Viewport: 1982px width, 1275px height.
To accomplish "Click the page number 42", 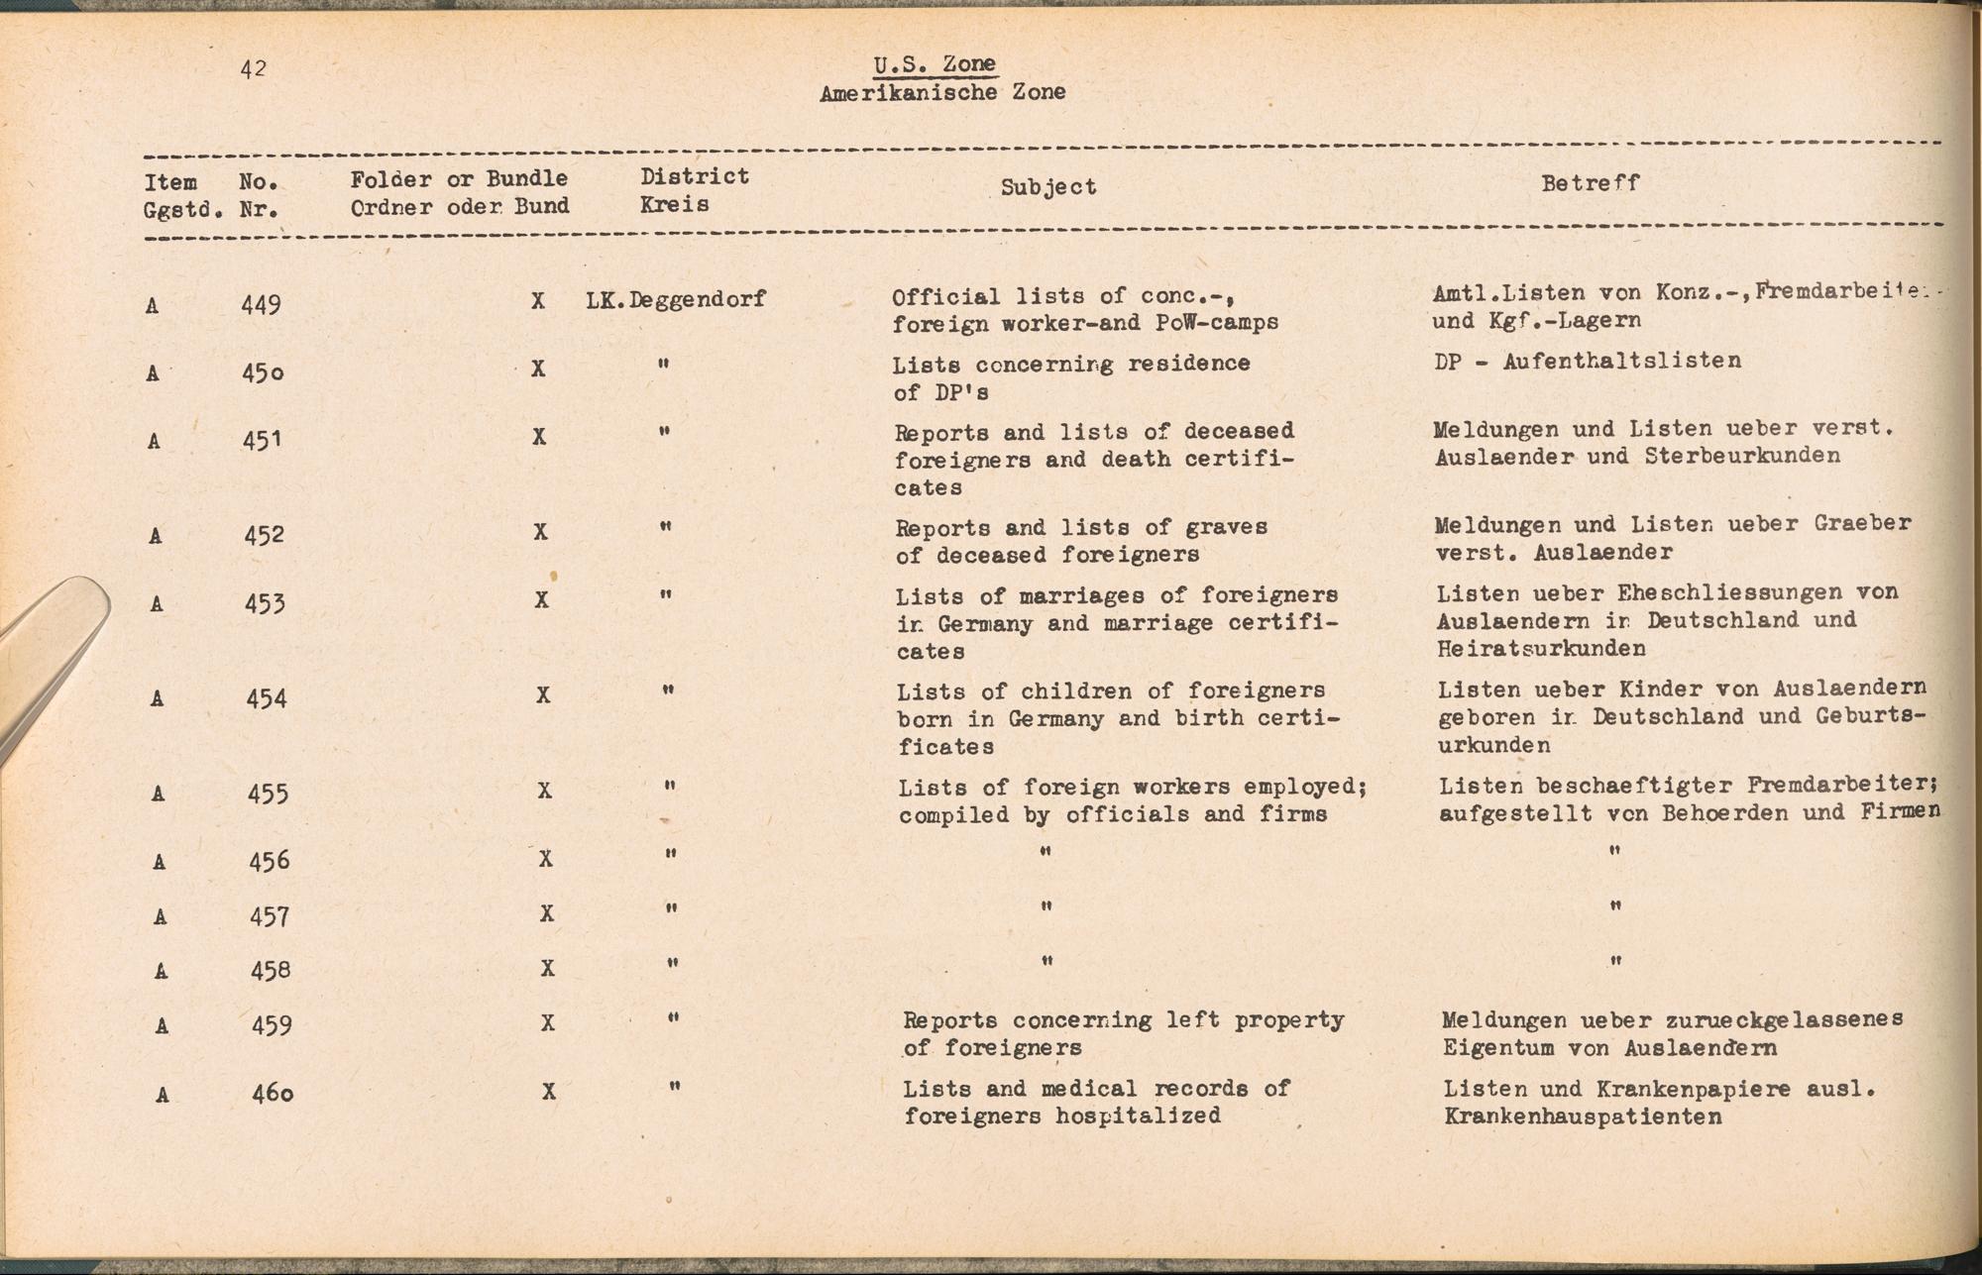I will pyautogui.click(x=253, y=68).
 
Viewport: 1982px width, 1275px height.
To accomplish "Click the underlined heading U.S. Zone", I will pyautogui.click(x=935, y=64).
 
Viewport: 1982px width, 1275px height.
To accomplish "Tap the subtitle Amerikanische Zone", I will pyautogui.click(x=942, y=93).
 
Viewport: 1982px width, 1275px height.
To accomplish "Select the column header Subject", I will pyautogui.click(x=1048, y=187).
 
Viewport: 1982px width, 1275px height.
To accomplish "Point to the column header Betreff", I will pyautogui.click(x=1590, y=182).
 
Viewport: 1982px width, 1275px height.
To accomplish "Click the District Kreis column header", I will pyautogui.click(x=694, y=190).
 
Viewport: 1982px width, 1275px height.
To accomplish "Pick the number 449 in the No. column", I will pyautogui.click(x=261, y=304).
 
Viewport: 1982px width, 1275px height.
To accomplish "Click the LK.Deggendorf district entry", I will pyautogui.click(x=676, y=299).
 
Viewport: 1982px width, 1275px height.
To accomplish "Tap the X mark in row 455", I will pyautogui.click(x=544, y=791).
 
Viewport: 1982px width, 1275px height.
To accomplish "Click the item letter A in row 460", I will pyautogui.click(x=162, y=1095).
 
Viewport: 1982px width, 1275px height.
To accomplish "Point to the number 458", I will pyautogui.click(x=270, y=969).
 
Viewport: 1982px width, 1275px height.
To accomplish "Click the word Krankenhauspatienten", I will pyautogui.click(x=1583, y=1117).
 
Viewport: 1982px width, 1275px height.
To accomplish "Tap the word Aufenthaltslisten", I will pyautogui.click(x=1621, y=361).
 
